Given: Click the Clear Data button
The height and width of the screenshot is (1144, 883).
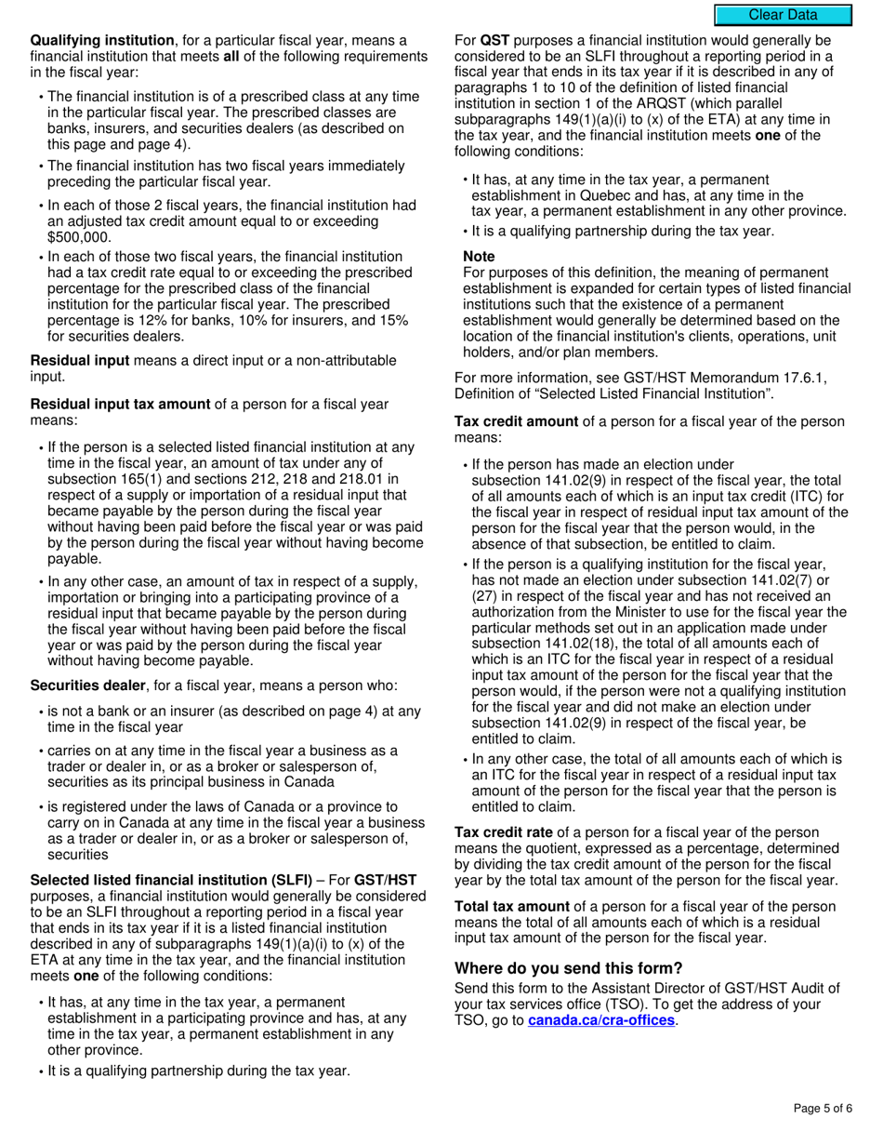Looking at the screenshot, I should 783,15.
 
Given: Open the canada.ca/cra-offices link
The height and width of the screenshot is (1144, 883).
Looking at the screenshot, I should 600,1020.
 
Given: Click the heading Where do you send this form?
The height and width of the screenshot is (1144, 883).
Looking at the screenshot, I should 568,968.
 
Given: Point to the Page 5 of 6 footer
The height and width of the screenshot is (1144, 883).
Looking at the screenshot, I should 822,1108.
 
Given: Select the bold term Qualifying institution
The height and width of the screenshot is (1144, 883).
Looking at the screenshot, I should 102,41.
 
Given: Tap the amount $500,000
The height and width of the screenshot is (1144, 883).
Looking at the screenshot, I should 79,237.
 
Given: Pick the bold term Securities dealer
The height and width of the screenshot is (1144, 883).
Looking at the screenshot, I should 87,685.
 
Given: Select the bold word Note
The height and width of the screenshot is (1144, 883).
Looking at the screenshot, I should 479,256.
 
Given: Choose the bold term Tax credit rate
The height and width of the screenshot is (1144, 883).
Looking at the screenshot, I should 503,832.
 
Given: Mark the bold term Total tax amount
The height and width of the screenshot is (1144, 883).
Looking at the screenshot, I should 511,906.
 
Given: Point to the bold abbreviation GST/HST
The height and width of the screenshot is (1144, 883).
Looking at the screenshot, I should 386,880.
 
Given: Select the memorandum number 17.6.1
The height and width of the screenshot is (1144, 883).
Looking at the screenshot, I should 804,377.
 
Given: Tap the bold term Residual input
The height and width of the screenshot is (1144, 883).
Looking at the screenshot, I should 80,360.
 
